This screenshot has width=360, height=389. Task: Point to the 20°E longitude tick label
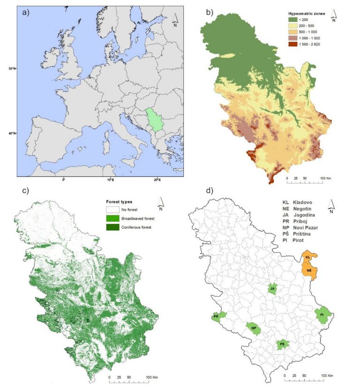157,180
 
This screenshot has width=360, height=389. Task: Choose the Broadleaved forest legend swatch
111,219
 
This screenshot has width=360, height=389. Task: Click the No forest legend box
111,210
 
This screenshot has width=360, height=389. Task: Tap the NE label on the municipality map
309,270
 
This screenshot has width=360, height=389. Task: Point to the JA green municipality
272,289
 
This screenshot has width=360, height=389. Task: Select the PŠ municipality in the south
282,344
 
